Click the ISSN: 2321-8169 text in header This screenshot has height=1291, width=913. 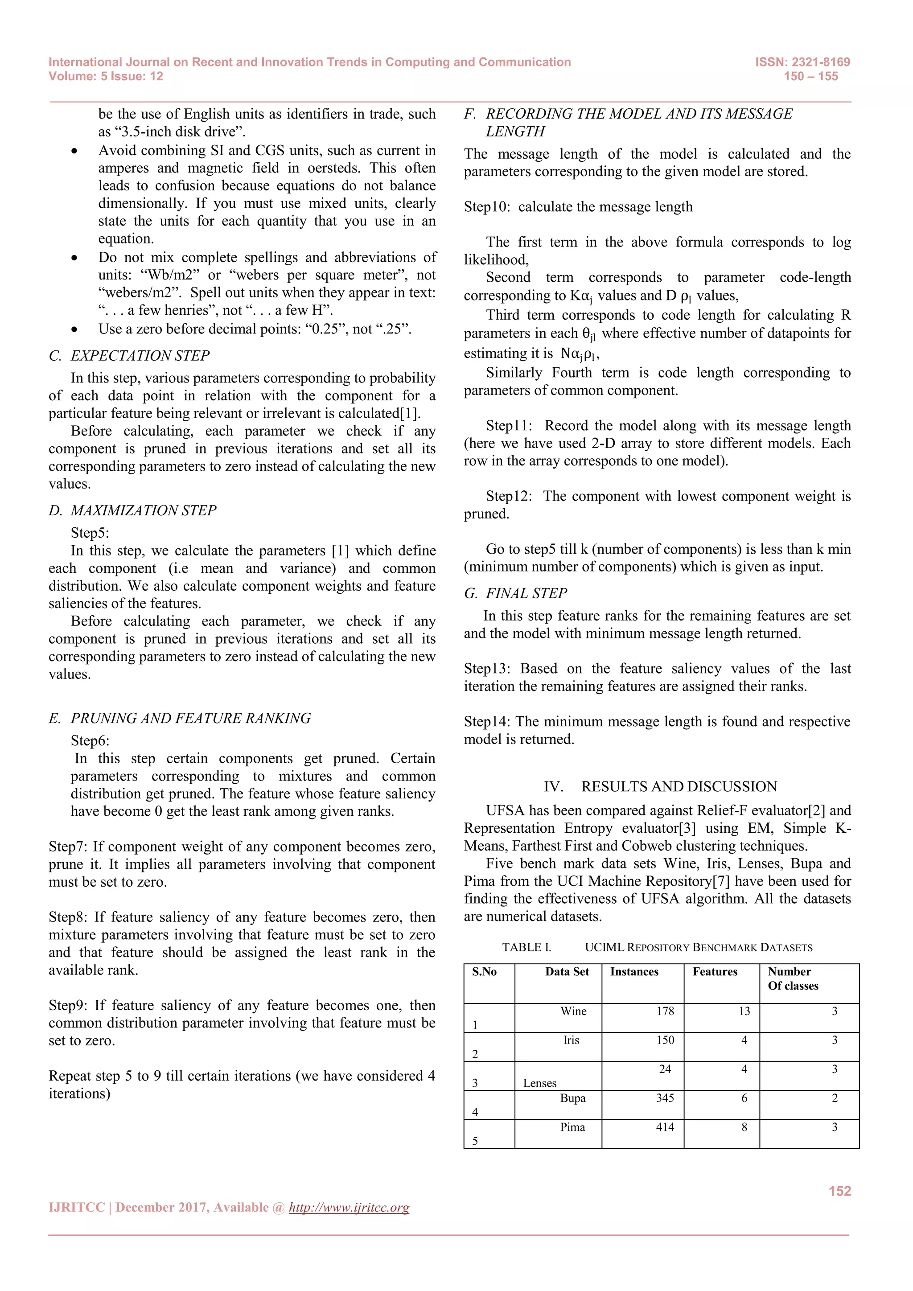click(802, 62)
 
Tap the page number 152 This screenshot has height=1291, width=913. click(839, 1191)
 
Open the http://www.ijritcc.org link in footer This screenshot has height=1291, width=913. click(349, 1207)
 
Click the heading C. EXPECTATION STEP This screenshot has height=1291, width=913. click(129, 355)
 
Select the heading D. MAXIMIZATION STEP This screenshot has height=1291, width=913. click(133, 510)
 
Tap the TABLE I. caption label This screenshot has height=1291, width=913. click(526, 947)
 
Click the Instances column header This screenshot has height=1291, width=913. click(634, 972)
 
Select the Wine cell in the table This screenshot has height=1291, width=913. click(573, 1011)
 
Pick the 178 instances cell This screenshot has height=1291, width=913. click(665, 1011)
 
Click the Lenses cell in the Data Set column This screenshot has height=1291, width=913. click(540, 1083)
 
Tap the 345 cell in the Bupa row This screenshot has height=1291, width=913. click(665, 1098)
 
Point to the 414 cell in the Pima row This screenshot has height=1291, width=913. click(665, 1127)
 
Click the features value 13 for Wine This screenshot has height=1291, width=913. click(744, 1011)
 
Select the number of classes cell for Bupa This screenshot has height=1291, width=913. click(834, 1098)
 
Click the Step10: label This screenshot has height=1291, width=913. click(486, 207)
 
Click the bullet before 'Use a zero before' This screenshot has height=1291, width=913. click(74, 329)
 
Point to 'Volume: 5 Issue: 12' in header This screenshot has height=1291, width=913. click(106, 77)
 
